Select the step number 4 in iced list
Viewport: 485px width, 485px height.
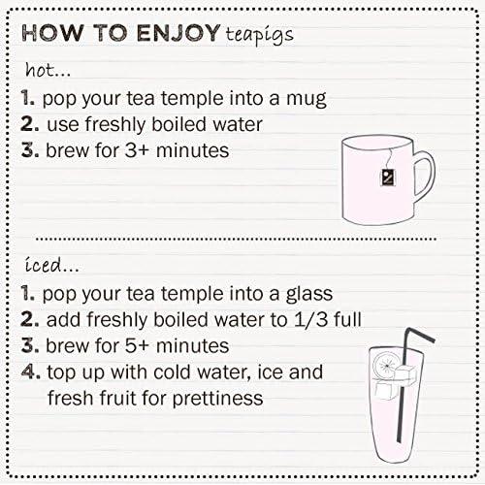pos(29,372)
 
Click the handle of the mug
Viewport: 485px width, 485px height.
pos(423,175)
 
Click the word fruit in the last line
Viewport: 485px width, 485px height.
pos(113,399)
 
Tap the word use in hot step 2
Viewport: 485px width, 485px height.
pos(62,125)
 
